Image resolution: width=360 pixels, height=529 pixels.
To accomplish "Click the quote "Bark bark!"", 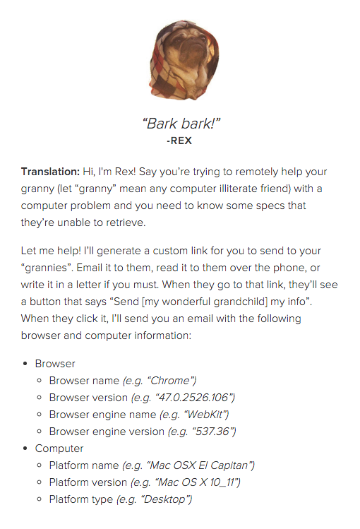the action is pos(182,124).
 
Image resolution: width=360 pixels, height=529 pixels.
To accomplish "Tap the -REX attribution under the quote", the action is pos(179,140).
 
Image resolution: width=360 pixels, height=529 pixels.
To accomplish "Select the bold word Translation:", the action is pos(51,172).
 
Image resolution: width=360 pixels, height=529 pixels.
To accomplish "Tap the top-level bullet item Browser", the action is pos(55,364).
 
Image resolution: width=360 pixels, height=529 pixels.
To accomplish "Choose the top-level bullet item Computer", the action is pos(59,448).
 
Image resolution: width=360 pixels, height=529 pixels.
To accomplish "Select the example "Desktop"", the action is pos(167,499).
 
